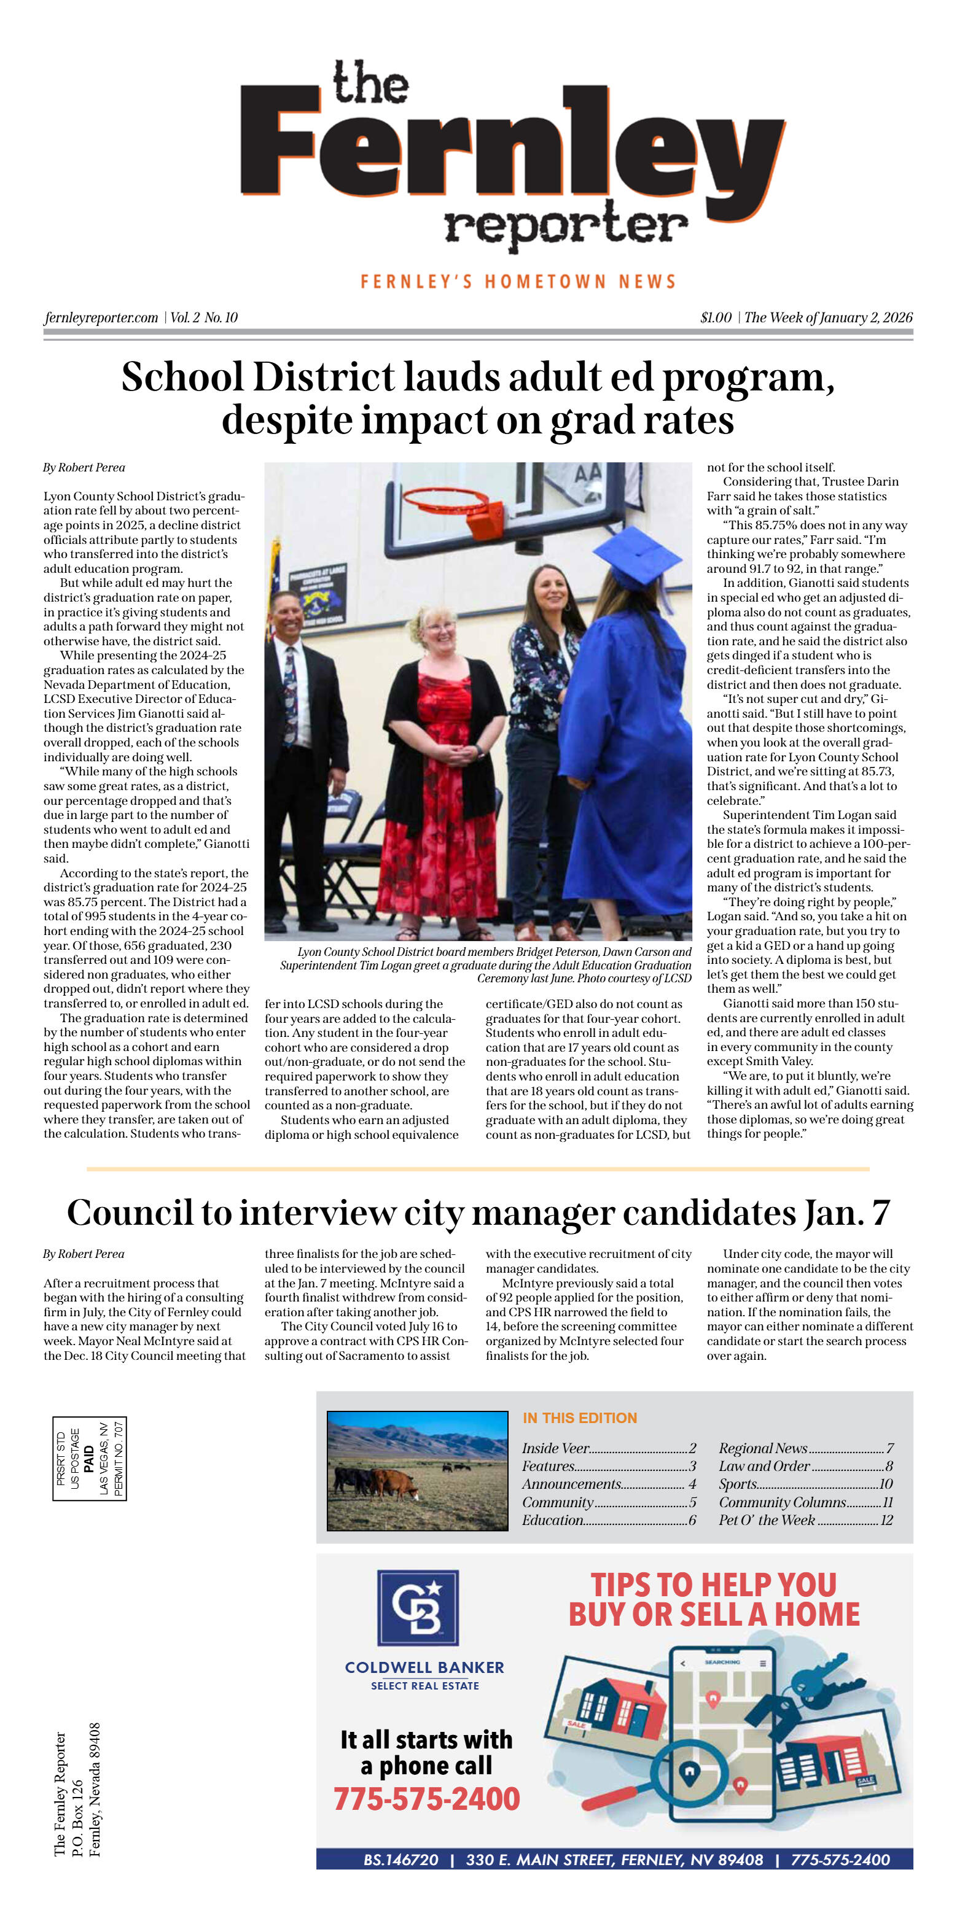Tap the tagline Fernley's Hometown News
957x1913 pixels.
tap(518, 281)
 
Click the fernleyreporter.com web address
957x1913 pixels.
tap(101, 318)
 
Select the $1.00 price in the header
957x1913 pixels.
tap(716, 318)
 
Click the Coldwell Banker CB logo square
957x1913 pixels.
tap(418, 1607)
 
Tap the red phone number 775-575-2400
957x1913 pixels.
tap(426, 1798)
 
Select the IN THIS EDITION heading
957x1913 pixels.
tap(580, 1418)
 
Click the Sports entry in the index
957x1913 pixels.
tap(738, 1484)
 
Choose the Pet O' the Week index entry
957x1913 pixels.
tap(766, 1519)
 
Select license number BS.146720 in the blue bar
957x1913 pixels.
tap(400, 1860)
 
